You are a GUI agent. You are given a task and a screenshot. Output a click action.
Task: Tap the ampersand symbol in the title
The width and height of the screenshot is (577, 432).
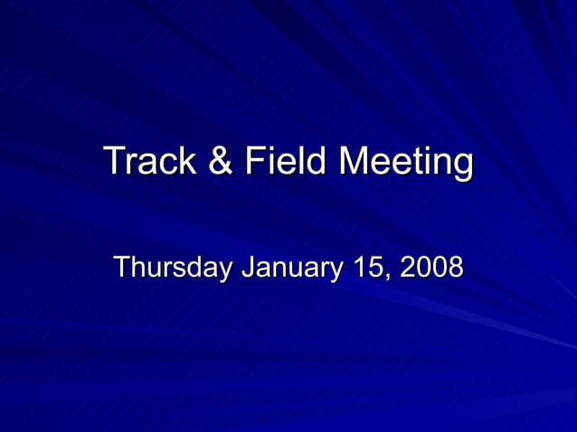click(x=219, y=162)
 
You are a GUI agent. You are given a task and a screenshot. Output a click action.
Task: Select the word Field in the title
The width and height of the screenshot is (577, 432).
click(x=283, y=162)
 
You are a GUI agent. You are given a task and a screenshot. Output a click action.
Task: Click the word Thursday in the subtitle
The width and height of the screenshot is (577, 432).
click(x=172, y=268)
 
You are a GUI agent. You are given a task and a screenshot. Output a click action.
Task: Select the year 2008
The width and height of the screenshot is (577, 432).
click(x=431, y=268)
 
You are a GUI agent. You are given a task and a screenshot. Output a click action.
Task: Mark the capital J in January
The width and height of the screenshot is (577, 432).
click(x=246, y=268)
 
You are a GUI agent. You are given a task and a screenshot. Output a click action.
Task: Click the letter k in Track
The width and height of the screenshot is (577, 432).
click(x=189, y=162)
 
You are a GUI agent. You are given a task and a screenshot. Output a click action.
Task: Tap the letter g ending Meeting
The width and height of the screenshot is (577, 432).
click(x=461, y=165)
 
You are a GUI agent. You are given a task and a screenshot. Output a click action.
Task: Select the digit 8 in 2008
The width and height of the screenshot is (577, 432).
click(x=455, y=268)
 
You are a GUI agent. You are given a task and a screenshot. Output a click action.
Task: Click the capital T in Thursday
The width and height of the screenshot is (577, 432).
click(x=121, y=268)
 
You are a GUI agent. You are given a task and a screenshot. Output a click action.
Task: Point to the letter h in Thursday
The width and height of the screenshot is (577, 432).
click(x=137, y=268)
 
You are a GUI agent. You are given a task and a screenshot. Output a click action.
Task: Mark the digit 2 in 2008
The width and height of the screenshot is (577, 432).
click(x=407, y=268)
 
